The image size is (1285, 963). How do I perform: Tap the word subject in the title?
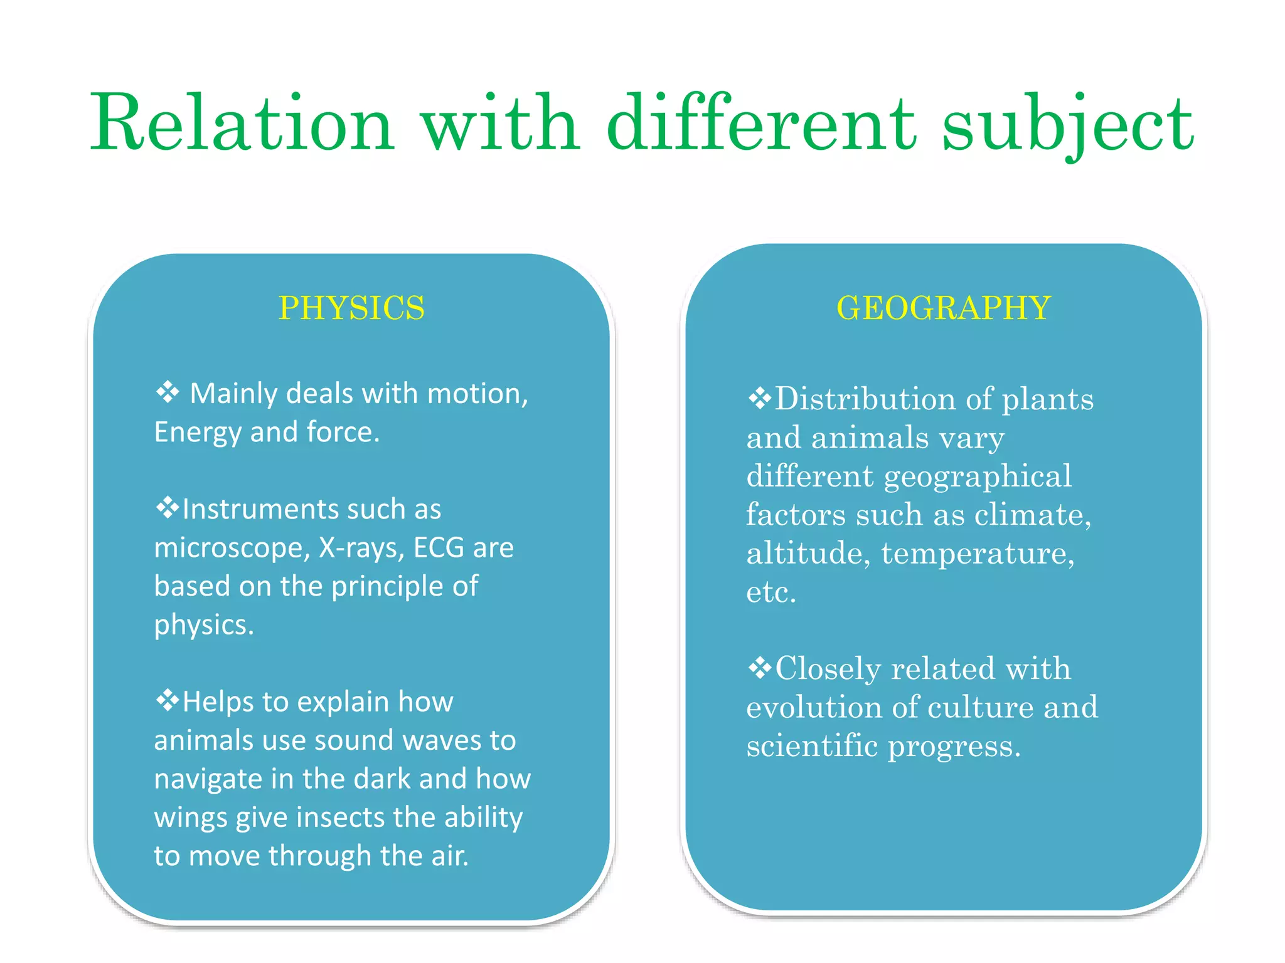tap(1067, 124)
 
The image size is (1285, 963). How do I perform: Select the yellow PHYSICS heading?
tap(351, 308)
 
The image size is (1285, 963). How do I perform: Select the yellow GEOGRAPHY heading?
tap(943, 308)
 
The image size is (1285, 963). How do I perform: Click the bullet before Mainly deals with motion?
tap(168, 392)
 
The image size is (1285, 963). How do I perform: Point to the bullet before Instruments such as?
tap(168, 508)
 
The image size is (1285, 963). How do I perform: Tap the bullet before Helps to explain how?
tap(168, 700)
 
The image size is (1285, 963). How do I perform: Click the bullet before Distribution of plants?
tap(760, 398)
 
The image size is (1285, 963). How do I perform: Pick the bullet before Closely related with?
tap(760, 668)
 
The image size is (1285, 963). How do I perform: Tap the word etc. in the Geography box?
tap(770, 592)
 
